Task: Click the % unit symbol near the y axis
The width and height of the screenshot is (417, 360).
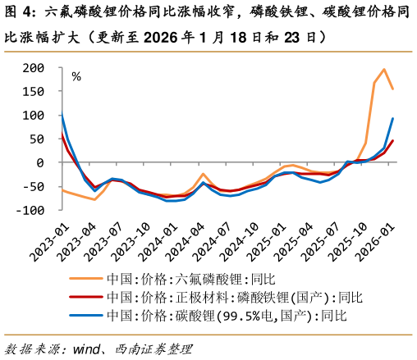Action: click(76, 77)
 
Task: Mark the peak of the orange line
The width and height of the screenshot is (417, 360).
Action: click(384, 70)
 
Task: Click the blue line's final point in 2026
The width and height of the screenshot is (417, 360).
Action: click(392, 118)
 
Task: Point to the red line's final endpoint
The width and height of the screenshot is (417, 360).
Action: click(392, 141)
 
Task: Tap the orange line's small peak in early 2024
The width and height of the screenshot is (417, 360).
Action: click(203, 174)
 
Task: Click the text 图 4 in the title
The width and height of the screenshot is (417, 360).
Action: click(19, 12)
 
